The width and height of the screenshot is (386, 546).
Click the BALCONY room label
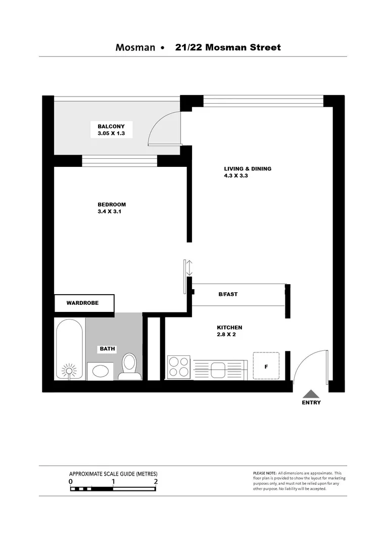pos(111,126)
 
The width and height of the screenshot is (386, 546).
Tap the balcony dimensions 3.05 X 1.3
pos(111,134)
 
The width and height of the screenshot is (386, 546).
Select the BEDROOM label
pos(112,205)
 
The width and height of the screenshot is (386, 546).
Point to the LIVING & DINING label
pos(248,169)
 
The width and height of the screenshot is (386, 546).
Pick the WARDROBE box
pos(84,303)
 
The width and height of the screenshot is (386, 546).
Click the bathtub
pos(70,349)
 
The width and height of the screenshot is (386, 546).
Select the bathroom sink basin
pos(100,371)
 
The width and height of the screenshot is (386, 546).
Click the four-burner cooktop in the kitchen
pos(178,367)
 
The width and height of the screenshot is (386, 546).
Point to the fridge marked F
pos(266,367)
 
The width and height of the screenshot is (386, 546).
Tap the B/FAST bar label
pos(228,294)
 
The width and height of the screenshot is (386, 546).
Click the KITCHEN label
pos(229,328)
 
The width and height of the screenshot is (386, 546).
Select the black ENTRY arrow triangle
pos(311,394)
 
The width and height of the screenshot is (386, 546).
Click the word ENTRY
pos(311,403)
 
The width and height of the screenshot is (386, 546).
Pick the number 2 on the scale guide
pos(156,482)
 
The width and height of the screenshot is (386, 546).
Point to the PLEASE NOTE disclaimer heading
pos(264,473)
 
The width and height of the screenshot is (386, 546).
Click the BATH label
pos(107,349)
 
